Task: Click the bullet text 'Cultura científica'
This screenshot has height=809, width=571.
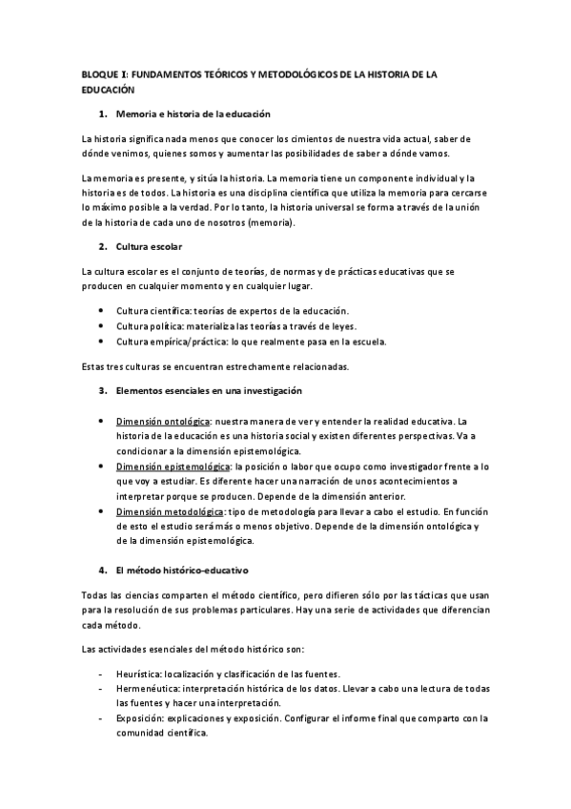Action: [153, 311]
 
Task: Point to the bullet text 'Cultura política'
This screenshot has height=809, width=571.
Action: [149, 325]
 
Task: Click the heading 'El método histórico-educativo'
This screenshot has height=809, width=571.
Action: [181, 570]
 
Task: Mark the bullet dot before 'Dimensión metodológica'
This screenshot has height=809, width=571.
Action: [102, 511]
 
